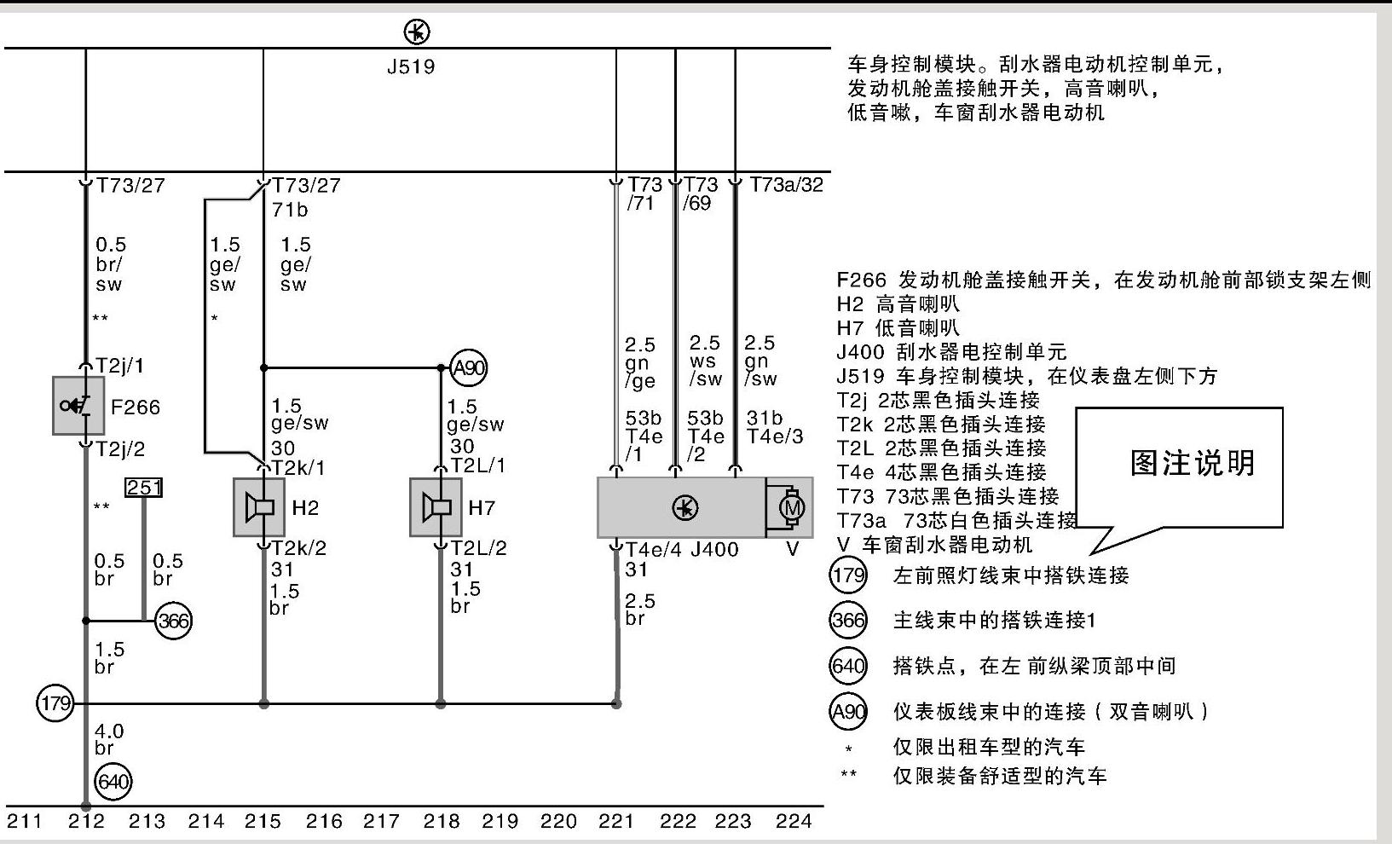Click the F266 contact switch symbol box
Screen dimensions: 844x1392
[x=78, y=406]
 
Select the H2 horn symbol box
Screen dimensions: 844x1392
[x=259, y=507]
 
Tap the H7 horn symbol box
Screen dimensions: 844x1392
[x=436, y=507]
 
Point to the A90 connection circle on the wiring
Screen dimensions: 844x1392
[x=468, y=368]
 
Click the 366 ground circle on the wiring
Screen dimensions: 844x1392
[x=173, y=621]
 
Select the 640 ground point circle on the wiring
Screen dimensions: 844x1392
[x=113, y=782]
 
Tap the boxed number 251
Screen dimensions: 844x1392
[x=143, y=488]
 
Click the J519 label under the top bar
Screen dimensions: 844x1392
[x=411, y=66]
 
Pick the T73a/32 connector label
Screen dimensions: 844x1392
[x=786, y=185]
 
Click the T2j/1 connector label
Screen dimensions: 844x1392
[x=120, y=366]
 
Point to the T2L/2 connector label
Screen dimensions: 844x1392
[x=478, y=548]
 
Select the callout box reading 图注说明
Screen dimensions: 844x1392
[x=1192, y=463]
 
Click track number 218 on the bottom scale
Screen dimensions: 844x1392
[x=441, y=821]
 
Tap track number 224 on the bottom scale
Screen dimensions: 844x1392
[x=794, y=821]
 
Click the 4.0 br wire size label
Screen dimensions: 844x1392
[x=108, y=739]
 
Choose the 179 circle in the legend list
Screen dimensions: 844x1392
[x=847, y=575]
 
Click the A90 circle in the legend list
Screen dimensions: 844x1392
[x=848, y=711]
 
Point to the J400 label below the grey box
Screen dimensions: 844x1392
[x=714, y=550]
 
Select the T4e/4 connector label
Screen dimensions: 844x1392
[x=654, y=550]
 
